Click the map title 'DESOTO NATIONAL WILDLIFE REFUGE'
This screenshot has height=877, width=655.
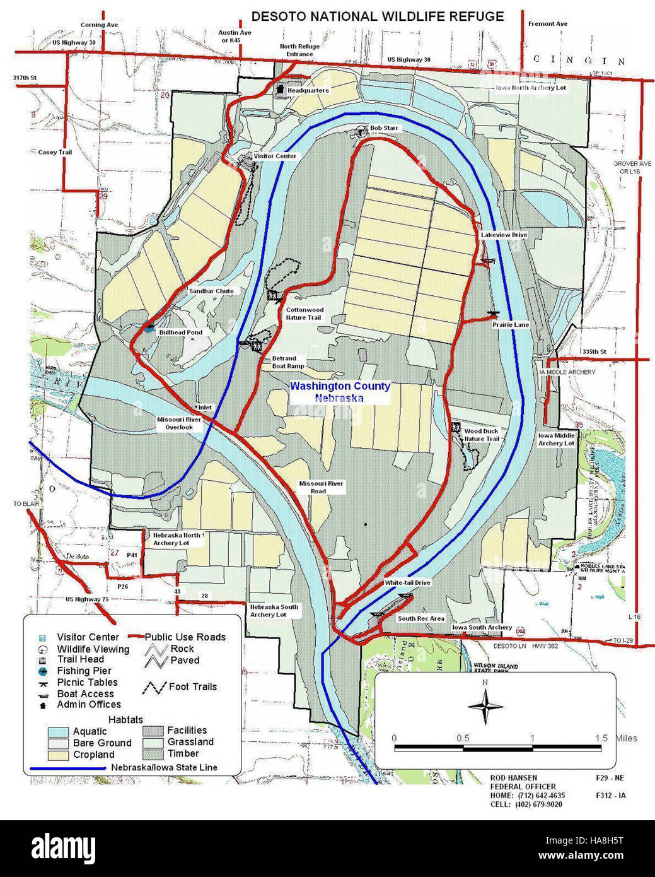coord(377,16)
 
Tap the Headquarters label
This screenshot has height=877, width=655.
coord(308,91)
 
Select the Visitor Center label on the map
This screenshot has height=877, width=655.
coord(275,156)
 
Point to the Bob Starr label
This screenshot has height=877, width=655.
coord(384,128)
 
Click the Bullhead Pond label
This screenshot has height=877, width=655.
coord(180,332)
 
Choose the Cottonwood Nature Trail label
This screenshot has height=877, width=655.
coord(304,314)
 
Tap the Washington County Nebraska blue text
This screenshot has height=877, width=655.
coord(340,392)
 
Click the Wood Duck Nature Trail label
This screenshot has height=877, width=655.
coord(482,435)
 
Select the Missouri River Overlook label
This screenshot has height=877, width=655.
coord(179,423)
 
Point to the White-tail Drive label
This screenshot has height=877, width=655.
coord(407,582)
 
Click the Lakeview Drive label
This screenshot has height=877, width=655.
coord(504,235)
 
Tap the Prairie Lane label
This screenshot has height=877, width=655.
coord(511,324)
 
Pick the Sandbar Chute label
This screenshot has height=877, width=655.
coord(211,291)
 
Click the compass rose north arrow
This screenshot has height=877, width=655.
coord(485,705)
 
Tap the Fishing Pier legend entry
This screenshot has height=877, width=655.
coord(84,671)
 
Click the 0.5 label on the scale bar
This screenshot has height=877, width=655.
coord(463,738)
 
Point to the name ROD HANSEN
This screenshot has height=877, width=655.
coord(514,778)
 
